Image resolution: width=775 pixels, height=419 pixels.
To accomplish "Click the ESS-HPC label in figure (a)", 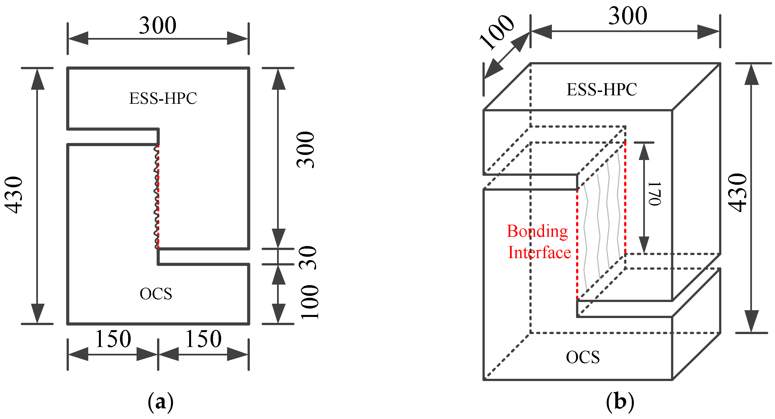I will tap(163, 98).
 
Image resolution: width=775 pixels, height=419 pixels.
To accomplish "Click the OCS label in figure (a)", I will tap(156, 294).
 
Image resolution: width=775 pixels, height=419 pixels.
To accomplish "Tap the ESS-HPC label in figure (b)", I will tap(602, 90).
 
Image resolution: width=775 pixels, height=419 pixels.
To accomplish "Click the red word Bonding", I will tap(537, 231).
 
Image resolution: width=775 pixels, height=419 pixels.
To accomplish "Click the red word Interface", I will tap(540, 252).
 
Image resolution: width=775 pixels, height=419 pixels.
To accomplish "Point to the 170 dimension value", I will tap(655, 193).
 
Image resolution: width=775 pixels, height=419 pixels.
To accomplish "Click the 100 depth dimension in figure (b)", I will tap(497, 31).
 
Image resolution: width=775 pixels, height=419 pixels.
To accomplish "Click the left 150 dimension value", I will tap(113, 339).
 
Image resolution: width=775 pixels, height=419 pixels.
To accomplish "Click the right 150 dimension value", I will tap(203, 339).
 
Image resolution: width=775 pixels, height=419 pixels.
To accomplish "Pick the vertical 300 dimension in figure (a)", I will tap(306, 150).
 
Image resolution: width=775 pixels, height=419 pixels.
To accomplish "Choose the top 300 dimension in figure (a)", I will tap(158, 25).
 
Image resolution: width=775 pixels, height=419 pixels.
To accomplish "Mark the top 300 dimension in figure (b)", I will tap(628, 16).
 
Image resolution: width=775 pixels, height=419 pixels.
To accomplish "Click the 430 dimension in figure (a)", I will tap(14, 195).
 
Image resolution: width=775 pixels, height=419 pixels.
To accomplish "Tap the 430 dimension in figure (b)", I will tap(738, 193).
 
